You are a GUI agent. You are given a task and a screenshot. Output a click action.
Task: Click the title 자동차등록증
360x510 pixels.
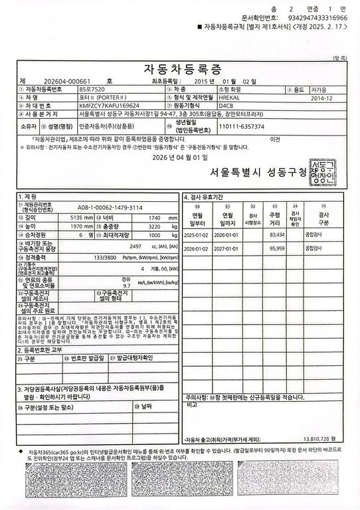(180, 69)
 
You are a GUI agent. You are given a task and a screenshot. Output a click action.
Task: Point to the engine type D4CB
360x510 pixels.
(225, 106)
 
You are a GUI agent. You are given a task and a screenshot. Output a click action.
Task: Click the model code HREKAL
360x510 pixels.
(230, 97)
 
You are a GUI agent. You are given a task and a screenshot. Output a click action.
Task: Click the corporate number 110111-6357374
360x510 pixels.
(241, 126)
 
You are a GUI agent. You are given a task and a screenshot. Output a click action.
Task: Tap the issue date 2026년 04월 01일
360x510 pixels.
(180, 157)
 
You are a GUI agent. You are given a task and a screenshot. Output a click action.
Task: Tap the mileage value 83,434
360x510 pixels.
(276, 235)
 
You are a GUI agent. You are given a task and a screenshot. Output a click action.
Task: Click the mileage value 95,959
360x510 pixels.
(276, 248)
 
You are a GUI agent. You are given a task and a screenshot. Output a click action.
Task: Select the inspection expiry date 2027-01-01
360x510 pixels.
(226, 248)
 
